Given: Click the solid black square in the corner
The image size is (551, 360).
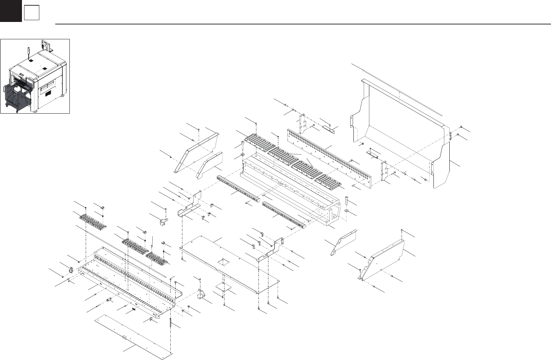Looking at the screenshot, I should coord(11,11).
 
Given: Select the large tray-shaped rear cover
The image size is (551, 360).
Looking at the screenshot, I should coord(400,131).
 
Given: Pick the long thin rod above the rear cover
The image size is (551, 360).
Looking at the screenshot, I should coord(397,89).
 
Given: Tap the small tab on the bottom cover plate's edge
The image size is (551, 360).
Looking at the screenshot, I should coord(124,337).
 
